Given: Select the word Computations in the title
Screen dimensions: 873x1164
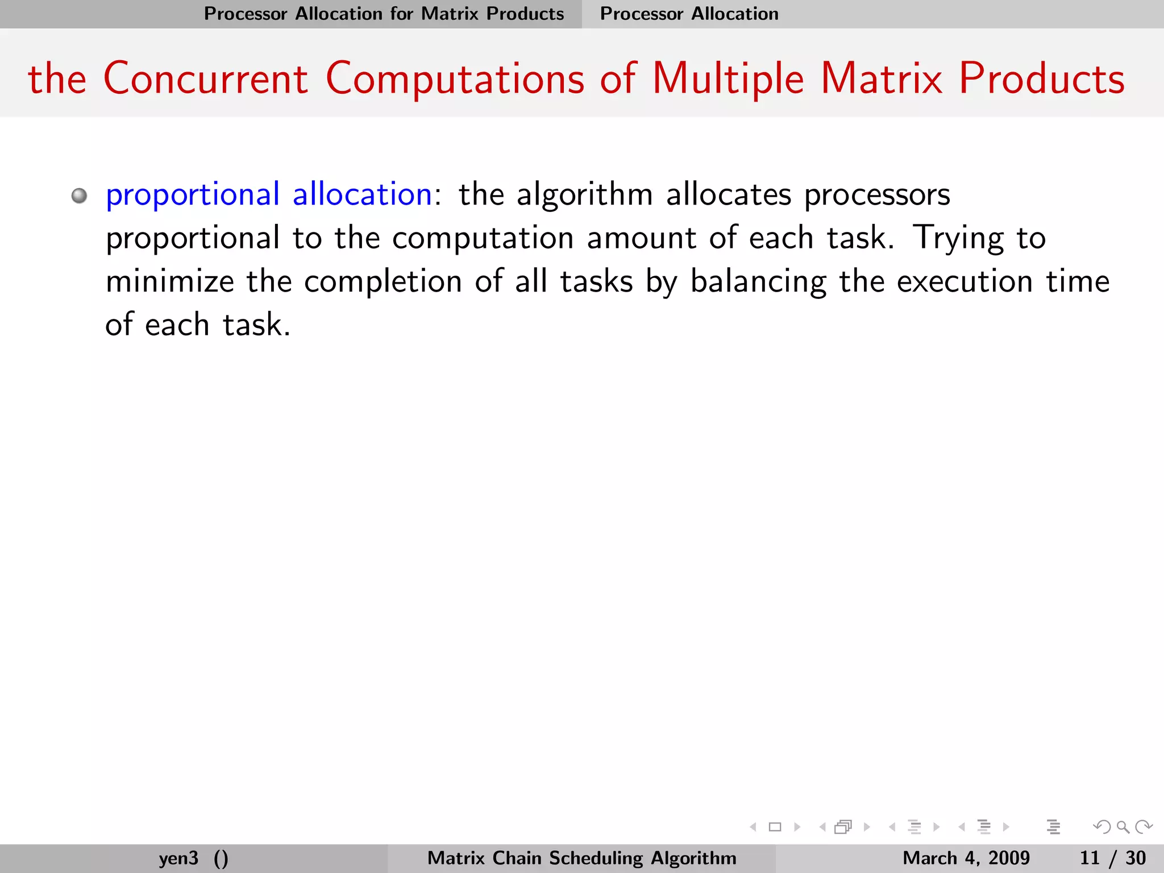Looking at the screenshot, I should coord(455,80).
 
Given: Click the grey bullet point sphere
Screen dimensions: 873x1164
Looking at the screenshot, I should coord(80,196).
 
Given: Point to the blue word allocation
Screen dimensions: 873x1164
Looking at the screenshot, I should coord(362,194).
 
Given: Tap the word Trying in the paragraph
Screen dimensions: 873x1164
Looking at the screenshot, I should coord(958,239).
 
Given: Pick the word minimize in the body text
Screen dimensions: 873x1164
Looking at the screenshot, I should coord(170,281).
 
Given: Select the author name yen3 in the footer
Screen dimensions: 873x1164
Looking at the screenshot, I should coord(178,858).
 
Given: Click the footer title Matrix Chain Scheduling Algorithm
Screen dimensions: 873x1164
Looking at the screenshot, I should coord(581,858).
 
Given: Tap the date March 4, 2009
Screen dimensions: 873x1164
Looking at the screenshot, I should coord(966,858).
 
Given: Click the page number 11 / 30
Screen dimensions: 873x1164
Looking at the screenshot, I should coord(1112,858).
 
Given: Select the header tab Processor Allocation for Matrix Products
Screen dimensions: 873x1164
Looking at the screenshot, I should coord(384,14).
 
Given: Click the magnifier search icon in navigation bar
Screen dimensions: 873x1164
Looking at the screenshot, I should coord(1123,827).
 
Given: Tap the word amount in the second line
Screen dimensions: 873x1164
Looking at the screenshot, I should coord(642,238).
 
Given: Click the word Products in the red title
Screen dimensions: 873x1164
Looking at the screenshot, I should coord(1042,78).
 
